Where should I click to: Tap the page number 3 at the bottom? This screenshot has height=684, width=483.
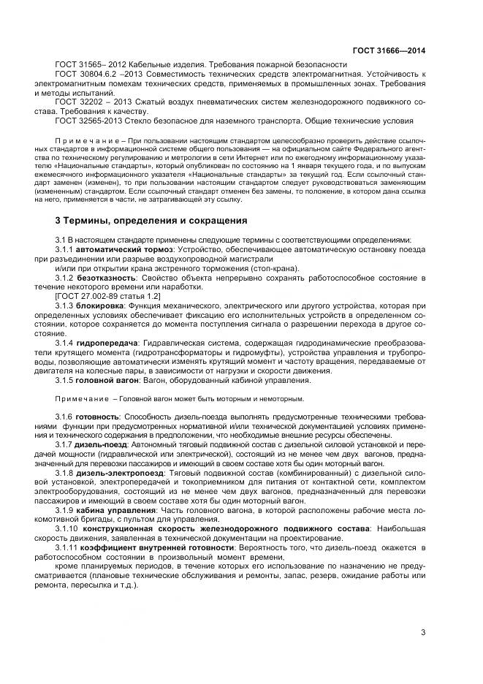pyautogui.click(x=423, y=633)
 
